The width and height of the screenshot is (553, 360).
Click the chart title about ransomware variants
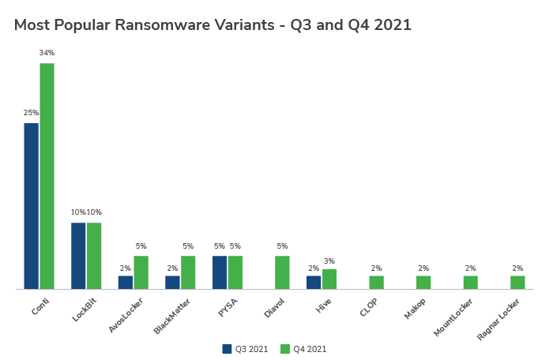(x=213, y=24)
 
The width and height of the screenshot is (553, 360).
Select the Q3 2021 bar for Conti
(x=31, y=206)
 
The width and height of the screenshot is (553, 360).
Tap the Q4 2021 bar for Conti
(x=47, y=176)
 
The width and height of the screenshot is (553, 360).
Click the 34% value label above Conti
(x=47, y=53)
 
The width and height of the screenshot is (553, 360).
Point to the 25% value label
(x=31, y=113)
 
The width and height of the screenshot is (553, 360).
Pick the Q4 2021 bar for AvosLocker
(x=141, y=272)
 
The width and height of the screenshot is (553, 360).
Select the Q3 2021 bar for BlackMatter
(x=172, y=282)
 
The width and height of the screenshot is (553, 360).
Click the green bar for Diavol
(x=282, y=272)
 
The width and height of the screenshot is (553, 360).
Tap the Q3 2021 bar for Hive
(x=314, y=282)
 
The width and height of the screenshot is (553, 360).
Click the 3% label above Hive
(x=329, y=261)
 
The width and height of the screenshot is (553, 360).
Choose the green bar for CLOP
(x=376, y=282)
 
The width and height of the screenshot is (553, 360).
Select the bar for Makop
(x=423, y=282)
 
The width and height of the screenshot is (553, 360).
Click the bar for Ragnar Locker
(x=517, y=282)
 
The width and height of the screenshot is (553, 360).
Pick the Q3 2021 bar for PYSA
(x=220, y=272)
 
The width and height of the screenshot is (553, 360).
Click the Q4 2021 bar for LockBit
(x=94, y=256)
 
